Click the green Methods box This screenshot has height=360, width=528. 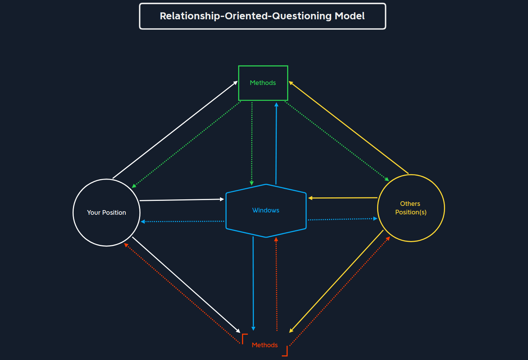[263, 83]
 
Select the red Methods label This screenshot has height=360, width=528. [265, 345]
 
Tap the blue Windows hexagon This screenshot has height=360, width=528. [266, 211]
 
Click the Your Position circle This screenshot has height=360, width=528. [107, 212]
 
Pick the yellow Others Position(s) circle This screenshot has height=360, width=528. [411, 208]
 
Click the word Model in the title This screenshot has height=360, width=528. [350, 16]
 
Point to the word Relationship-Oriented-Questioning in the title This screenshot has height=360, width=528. [246, 16]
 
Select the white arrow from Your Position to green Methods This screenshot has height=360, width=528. [175, 130]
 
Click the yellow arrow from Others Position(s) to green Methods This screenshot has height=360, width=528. [349, 127]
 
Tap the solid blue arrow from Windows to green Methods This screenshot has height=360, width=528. [276, 143]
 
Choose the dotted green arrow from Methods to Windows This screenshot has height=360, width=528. [252, 143]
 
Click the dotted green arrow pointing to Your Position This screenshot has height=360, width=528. [186, 144]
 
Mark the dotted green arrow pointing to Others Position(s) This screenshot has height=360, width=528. [337, 141]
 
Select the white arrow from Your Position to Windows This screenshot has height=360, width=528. [181, 200]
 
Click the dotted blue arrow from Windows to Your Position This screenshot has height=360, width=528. [183, 221]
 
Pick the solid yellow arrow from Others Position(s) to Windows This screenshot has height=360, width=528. [343, 198]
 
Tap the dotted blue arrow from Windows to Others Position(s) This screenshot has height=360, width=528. [342, 219]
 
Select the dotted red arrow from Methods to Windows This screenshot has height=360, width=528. [276, 284]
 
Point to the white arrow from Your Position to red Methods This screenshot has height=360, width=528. [186, 285]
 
